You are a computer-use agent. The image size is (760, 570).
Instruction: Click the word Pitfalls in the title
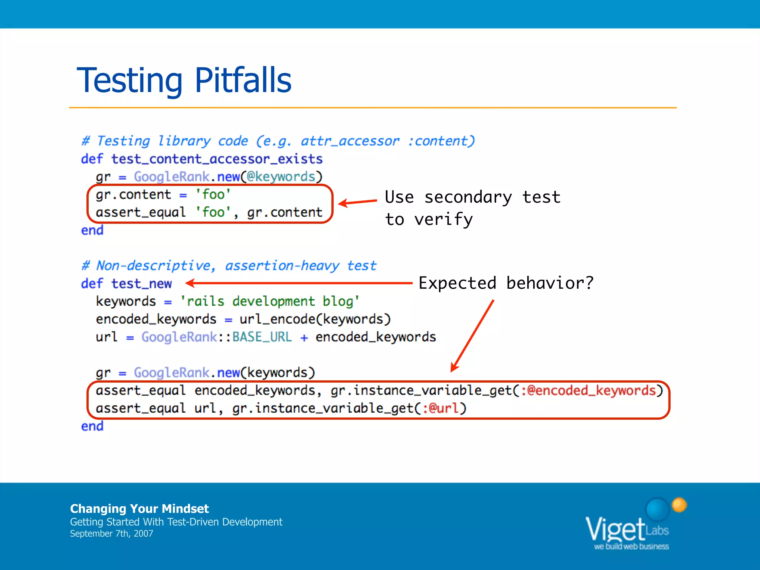243,80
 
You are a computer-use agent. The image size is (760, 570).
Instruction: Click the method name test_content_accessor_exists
217,159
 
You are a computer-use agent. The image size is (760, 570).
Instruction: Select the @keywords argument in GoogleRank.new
281,177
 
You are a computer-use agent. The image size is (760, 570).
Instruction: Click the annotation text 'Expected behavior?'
506,283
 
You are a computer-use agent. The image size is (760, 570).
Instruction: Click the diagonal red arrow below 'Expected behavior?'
472,336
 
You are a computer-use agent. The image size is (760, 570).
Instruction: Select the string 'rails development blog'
270,301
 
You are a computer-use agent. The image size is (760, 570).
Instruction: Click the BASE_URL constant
262,337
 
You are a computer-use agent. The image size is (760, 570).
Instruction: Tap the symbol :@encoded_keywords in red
589,390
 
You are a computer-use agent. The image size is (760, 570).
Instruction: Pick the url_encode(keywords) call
315,319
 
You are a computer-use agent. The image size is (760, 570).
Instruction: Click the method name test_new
142,284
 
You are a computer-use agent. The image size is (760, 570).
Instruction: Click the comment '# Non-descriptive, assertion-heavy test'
229,266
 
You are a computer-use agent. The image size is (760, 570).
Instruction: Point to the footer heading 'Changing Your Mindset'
140,508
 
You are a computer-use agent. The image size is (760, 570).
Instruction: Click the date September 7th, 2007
111,534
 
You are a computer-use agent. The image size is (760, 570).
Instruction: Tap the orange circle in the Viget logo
679,505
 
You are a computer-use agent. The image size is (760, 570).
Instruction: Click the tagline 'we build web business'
631,546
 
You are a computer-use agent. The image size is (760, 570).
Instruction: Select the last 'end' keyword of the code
92,426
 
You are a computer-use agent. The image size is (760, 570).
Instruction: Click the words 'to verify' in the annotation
429,219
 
